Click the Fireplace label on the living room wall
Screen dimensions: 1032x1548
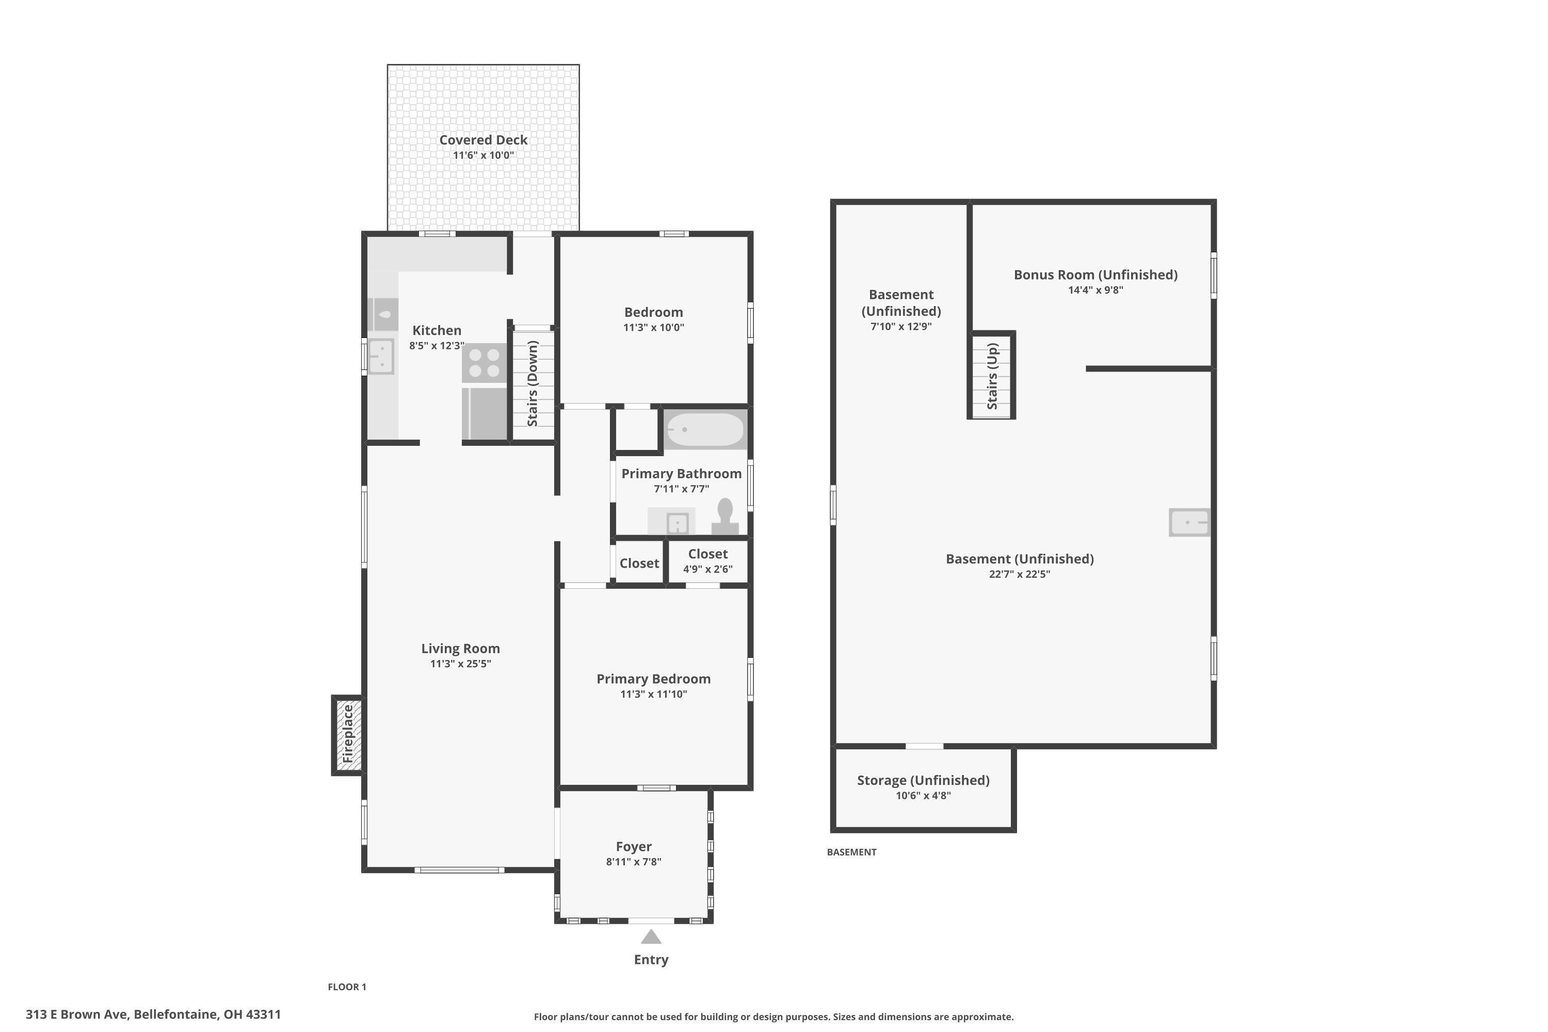click(347, 734)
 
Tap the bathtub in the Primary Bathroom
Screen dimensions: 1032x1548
click(705, 429)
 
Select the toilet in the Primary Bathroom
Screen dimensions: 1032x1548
click(724, 517)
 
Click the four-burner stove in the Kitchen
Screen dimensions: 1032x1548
click(484, 363)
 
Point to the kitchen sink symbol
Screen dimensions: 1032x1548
click(380, 356)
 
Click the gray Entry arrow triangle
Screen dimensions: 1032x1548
click(650, 937)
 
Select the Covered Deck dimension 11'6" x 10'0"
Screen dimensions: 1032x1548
click(483, 155)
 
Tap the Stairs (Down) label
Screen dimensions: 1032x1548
click(533, 383)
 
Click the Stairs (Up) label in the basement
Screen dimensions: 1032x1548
click(992, 376)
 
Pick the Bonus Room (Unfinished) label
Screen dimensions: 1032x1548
click(1095, 275)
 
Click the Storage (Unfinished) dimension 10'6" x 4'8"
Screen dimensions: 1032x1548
click(923, 795)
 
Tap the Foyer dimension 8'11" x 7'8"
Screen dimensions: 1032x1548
click(633, 862)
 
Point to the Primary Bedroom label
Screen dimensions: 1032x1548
click(653, 679)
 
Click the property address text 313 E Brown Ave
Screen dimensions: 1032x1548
click(153, 1014)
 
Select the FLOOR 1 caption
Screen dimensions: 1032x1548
click(347, 987)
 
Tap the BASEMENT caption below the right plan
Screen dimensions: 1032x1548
click(851, 852)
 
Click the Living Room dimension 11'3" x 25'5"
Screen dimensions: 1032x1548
click(460, 664)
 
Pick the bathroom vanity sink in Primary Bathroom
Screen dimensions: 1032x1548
click(677, 523)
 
